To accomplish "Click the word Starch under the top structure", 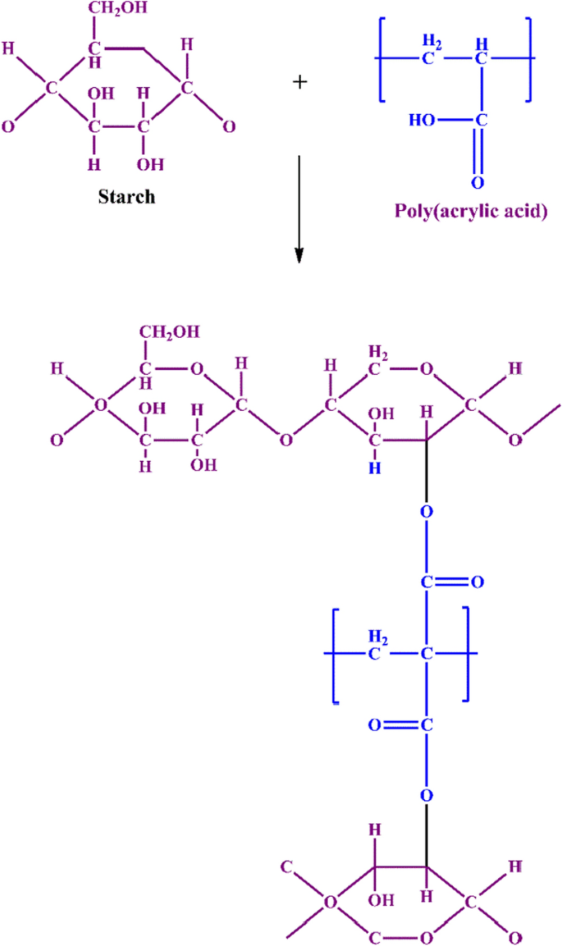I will (126, 197).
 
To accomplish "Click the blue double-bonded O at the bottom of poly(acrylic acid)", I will (477, 182).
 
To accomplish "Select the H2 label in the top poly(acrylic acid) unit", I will (431, 40).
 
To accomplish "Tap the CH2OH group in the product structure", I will (170, 333).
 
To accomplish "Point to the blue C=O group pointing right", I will (450, 583).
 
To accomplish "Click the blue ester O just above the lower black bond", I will (426, 794).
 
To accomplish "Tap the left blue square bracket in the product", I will (336, 655).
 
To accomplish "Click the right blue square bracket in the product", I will (465, 655).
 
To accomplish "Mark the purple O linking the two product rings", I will (285, 440).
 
